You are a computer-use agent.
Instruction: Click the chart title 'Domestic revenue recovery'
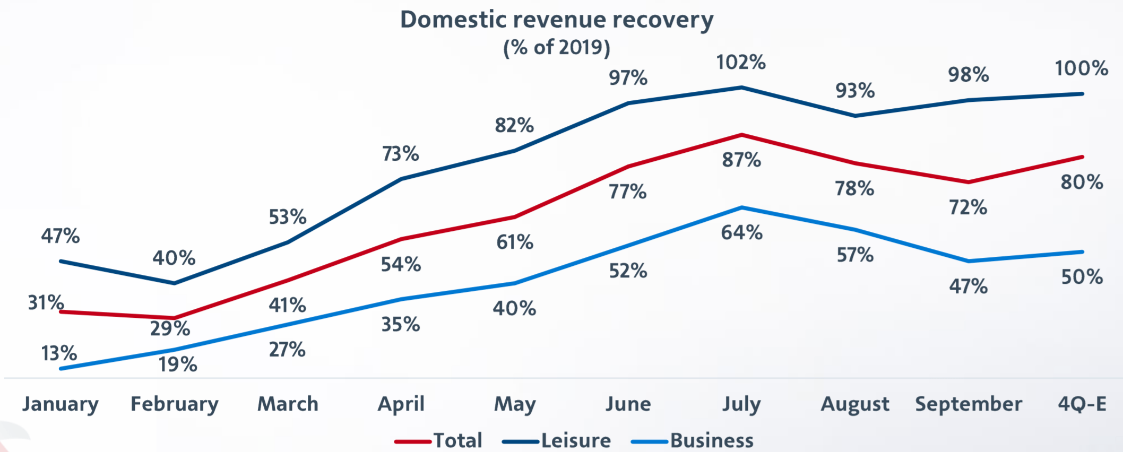click(557, 20)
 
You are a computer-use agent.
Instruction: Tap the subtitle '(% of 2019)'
click(557, 48)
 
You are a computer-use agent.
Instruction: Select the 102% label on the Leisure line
click(741, 63)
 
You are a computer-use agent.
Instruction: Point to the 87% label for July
click(741, 160)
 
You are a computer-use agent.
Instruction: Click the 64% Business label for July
click(741, 232)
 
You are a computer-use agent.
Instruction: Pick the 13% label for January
click(59, 353)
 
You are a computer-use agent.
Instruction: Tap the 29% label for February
click(170, 329)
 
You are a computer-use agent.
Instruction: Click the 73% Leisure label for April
click(401, 154)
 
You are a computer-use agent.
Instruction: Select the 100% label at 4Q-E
click(1081, 68)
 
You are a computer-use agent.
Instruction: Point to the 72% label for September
click(968, 207)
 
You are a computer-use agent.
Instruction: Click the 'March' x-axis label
click(288, 404)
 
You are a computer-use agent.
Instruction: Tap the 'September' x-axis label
click(969, 404)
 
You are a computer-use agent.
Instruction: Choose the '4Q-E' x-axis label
click(1082, 404)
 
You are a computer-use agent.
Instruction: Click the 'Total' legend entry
click(457, 440)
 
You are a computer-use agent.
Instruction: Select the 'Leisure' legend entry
click(576, 440)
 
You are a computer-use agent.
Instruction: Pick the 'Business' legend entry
click(712, 440)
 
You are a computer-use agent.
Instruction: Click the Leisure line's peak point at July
click(741, 88)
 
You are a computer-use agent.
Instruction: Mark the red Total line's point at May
click(514, 217)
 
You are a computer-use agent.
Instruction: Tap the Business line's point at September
click(969, 261)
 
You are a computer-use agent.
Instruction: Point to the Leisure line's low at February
click(174, 283)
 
